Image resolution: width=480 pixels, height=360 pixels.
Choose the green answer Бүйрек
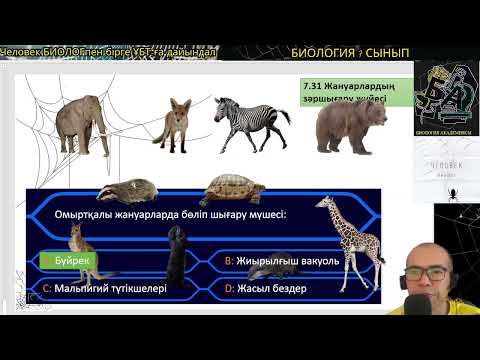[70, 261]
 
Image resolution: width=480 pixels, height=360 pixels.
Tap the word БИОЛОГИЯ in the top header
[322, 52]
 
